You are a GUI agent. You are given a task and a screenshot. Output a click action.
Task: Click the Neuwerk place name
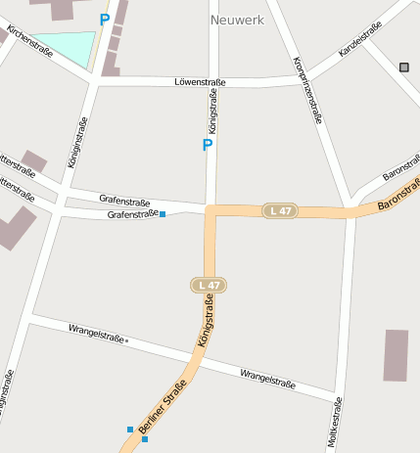pos(237,19)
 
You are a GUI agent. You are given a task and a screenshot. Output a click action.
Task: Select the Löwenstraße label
pos(200,82)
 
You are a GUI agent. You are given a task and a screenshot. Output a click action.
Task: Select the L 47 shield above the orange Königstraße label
pos(209,285)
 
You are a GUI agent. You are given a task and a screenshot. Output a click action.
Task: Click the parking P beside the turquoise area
pos(105,20)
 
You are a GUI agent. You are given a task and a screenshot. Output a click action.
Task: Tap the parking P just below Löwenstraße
pos(207,145)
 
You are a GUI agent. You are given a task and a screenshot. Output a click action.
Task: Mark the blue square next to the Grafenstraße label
pos(163,213)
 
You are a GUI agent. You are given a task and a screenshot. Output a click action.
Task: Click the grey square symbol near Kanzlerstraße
pos(404,67)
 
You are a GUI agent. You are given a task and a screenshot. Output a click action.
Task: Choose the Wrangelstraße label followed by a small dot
pos(97,334)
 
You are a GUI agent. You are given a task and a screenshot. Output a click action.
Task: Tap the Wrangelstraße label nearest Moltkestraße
pos(267,378)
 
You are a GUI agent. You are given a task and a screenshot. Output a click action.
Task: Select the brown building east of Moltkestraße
pos(396,355)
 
